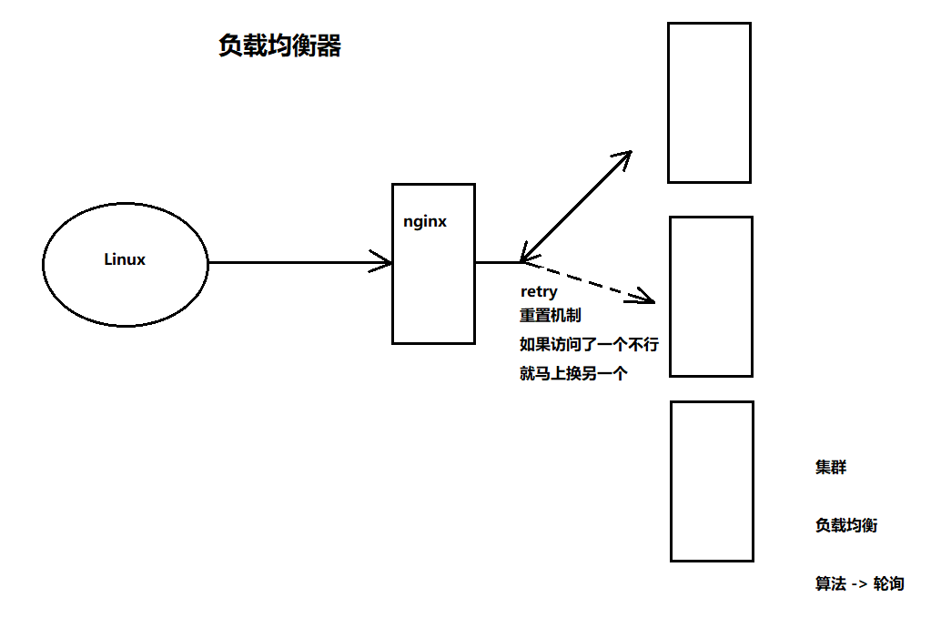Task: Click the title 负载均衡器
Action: [x=279, y=46]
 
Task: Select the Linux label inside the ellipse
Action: [x=125, y=259]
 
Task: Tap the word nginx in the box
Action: [x=425, y=221]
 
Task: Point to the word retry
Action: [x=538, y=292]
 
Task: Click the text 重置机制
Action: [x=550, y=315]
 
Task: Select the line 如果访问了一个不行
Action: [x=588, y=344]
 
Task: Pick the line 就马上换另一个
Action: [x=573, y=373]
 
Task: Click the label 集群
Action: [x=831, y=468]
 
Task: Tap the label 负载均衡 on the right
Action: [x=846, y=525]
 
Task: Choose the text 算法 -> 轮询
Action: [x=859, y=584]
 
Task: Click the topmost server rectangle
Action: [x=709, y=103]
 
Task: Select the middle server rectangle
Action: [x=711, y=297]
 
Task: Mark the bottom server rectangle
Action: [x=712, y=481]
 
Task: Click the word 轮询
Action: [x=888, y=584]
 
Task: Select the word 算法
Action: [x=831, y=584]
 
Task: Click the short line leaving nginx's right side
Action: [x=497, y=263]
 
